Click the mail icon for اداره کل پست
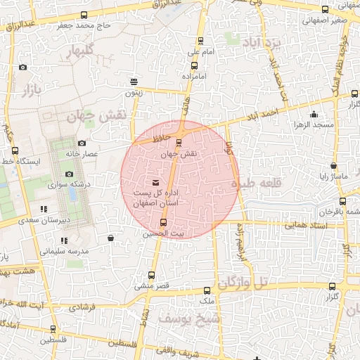(x=155, y=183)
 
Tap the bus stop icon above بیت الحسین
(x=164, y=223)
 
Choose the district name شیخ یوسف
(x=189, y=318)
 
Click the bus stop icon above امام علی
(x=200, y=41)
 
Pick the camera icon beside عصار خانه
(x=82, y=143)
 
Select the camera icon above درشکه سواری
(x=69, y=174)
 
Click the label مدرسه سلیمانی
(x=64, y=250)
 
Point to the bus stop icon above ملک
(x=206, y=290)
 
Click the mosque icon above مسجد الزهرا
(x=314, y=115)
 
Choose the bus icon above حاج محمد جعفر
(x=84, y=15)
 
